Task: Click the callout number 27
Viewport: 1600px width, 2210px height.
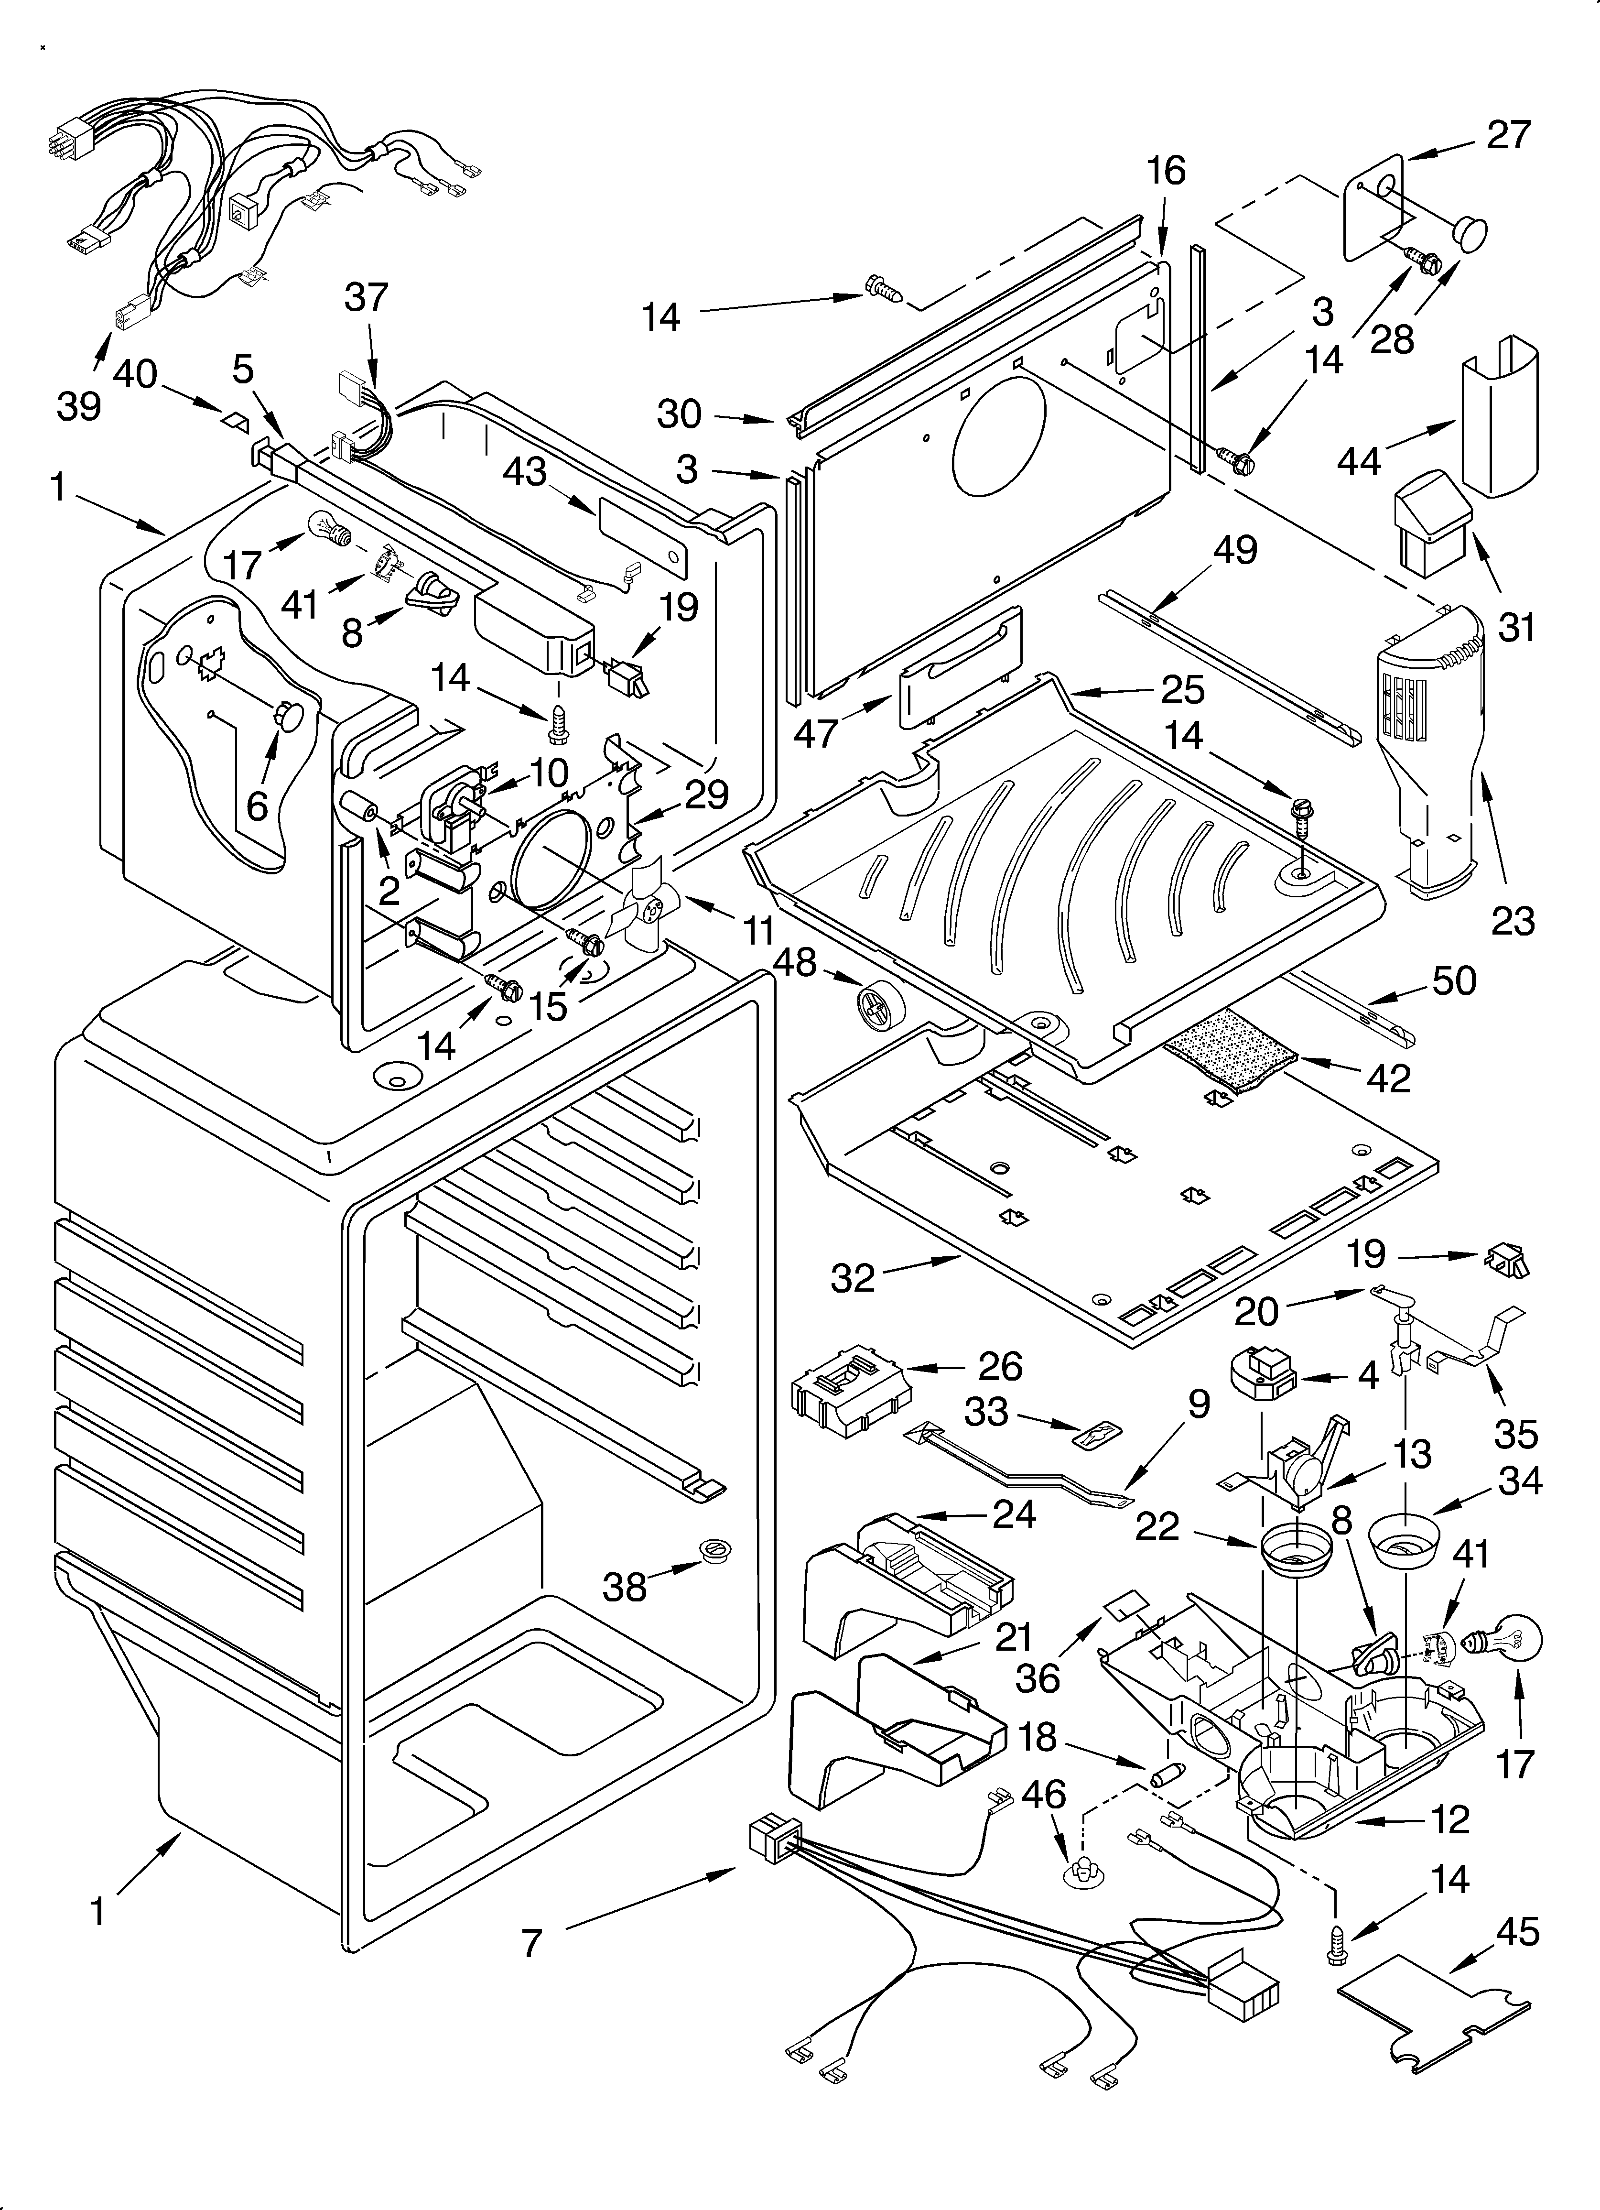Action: [x=1508, y=134]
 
